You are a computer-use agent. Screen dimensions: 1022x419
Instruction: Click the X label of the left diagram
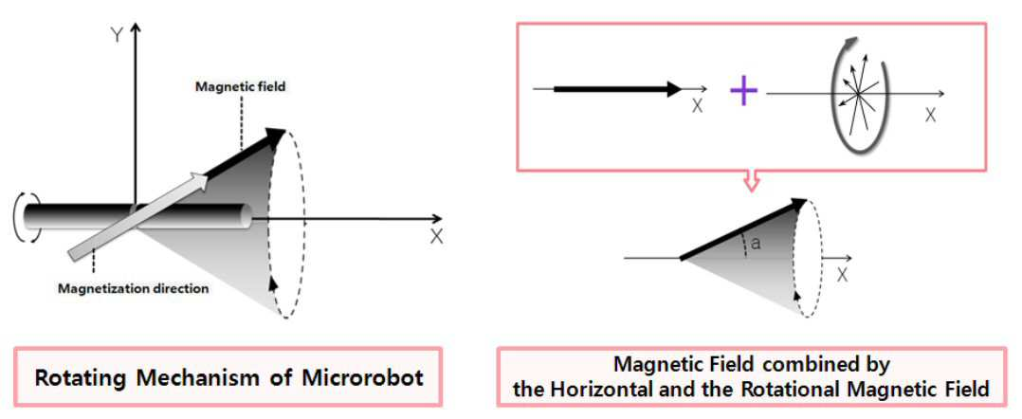(436, 237)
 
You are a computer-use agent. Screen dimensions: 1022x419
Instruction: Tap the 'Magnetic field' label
(241, 86)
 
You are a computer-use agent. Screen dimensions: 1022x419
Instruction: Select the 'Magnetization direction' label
(134, 288)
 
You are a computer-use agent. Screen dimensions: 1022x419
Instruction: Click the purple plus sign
(743, 92)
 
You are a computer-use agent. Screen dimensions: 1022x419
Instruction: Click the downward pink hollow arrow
(751, 181)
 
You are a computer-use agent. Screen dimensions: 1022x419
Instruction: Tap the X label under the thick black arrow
(698, 106)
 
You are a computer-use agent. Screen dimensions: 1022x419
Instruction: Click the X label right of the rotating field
(930, 116)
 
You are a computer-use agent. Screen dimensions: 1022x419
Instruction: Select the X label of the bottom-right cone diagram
(842, 276)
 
